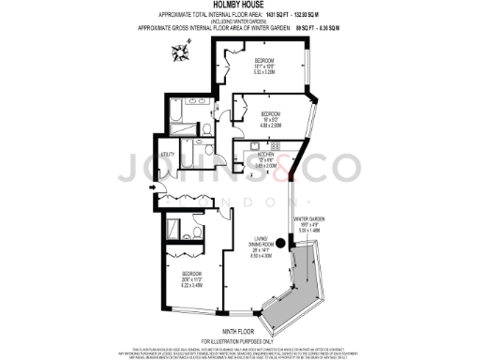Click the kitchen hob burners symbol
coord(275,147)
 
